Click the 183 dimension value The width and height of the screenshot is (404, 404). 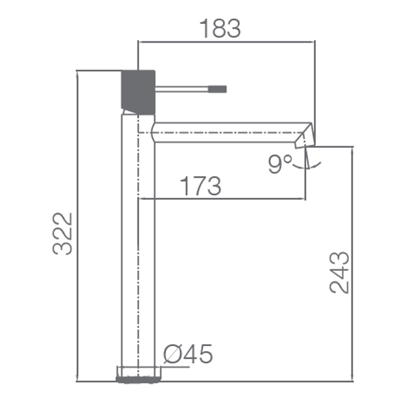220,28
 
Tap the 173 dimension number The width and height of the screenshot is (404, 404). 201,186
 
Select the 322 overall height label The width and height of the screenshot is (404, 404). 62,233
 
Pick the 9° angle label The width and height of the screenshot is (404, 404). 279,164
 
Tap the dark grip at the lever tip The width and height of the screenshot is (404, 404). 217,89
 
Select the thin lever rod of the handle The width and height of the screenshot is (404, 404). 182,89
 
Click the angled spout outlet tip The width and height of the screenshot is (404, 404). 305,136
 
